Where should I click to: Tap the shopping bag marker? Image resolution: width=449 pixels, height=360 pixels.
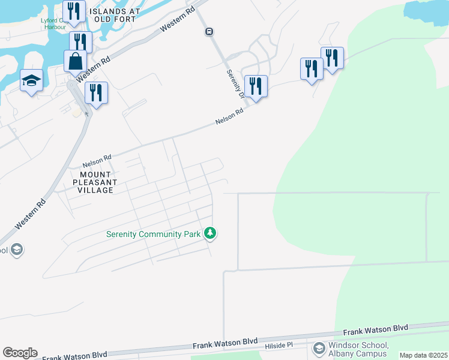pyautogui.click(x=75, y=61)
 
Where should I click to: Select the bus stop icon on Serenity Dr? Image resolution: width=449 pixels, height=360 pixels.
pyautogui.click(x=209, y=31)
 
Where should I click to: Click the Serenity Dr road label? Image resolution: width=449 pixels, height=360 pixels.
pyautogui.click(x=235, y=83)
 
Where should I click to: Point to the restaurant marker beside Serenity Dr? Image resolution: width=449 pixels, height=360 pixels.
pyautogui.click(x=256, y=86)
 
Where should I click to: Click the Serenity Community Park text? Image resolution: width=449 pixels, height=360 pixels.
pyautogui.click(x=152, y=233)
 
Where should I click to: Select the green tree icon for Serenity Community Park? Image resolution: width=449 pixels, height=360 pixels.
pyautogui.click(x=210, y=233)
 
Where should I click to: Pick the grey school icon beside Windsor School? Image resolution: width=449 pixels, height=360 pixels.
pyautogui.click(x=318, y=348)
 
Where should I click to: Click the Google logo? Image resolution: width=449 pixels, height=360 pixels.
pyautogui.click(x=20, y=353)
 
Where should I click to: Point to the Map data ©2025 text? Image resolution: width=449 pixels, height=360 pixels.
pyautogui.click(x=423, y=355)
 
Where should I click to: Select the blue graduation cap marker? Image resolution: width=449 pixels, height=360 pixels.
pyautogui.click(x=31, y=81)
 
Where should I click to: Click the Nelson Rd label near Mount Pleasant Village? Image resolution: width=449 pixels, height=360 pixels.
pyautogui.click(x=97, y=160)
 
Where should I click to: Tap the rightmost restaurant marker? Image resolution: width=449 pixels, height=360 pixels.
pyautogui.click(x=332, y=58)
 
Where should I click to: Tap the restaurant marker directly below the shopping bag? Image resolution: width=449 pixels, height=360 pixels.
pyautogui.click(x=96, y=92)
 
